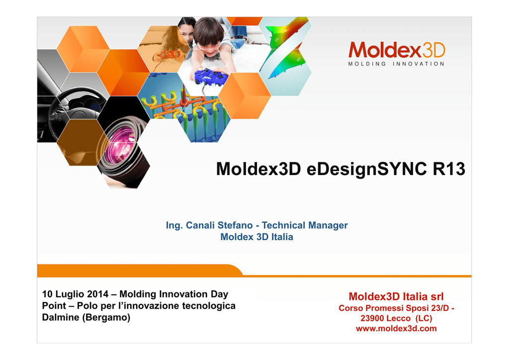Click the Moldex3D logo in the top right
point(396,50)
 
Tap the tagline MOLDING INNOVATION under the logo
point(396,64)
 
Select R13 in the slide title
point(449,169)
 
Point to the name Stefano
point(235,225)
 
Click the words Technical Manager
point(305,225)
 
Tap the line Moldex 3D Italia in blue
point(257,237)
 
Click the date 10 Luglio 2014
point(76,294)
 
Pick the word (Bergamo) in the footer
point(106,317)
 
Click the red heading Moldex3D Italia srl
point(396,296)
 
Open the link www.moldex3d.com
point(396,329)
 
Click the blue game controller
point(210,77)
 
